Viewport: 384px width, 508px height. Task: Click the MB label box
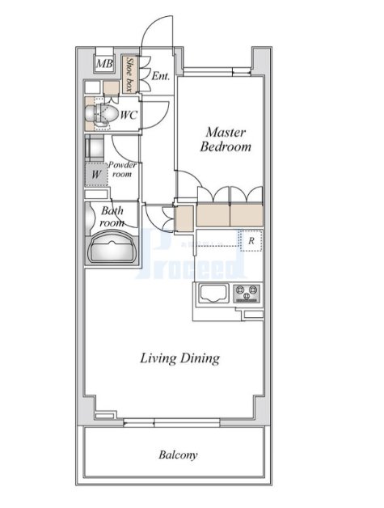coord(104,63)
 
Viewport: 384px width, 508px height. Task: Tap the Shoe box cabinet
coord(130,75)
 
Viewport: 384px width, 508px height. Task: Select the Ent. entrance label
coord(161,77)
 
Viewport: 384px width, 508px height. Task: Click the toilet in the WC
coord(101,114)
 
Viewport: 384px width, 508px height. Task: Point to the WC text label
coord(129,115)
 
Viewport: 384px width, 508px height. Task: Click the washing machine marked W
coord(96,175)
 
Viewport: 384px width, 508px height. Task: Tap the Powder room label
coord(122,169)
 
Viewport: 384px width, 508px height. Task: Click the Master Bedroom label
coord(226,140)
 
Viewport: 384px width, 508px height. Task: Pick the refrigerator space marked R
coord(251,241)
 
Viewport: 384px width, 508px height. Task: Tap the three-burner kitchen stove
coord(247,294)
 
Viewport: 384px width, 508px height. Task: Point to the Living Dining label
coord(180,358)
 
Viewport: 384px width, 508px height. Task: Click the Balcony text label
coord(178,455)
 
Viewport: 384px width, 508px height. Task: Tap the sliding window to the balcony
coord(171,422)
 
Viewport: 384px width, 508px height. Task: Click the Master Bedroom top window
coord(217,72)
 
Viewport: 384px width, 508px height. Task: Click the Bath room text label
coord(112,217)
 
